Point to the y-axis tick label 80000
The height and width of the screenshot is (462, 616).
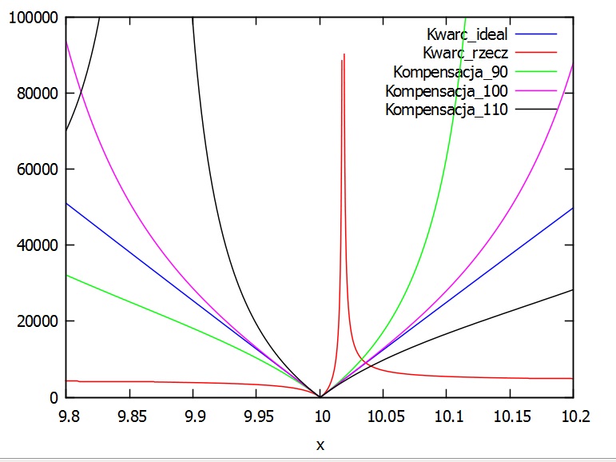coord(35,94)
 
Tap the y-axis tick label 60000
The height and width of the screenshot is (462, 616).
coord(35,169)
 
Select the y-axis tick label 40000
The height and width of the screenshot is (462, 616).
coord(35,245)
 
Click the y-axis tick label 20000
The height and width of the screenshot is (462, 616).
coord(35,321)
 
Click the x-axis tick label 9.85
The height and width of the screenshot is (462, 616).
coord(131,417)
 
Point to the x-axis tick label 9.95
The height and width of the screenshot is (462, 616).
coord(257,417)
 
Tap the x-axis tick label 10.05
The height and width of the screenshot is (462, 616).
coord(384,417)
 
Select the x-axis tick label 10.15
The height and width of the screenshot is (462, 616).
coord(510,417)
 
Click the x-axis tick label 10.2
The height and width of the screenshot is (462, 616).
coord(573,417)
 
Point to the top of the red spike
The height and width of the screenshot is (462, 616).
coord(344,54)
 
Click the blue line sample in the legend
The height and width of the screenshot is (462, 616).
coord(535,34)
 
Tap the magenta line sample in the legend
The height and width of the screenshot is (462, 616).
coord(535,91)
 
